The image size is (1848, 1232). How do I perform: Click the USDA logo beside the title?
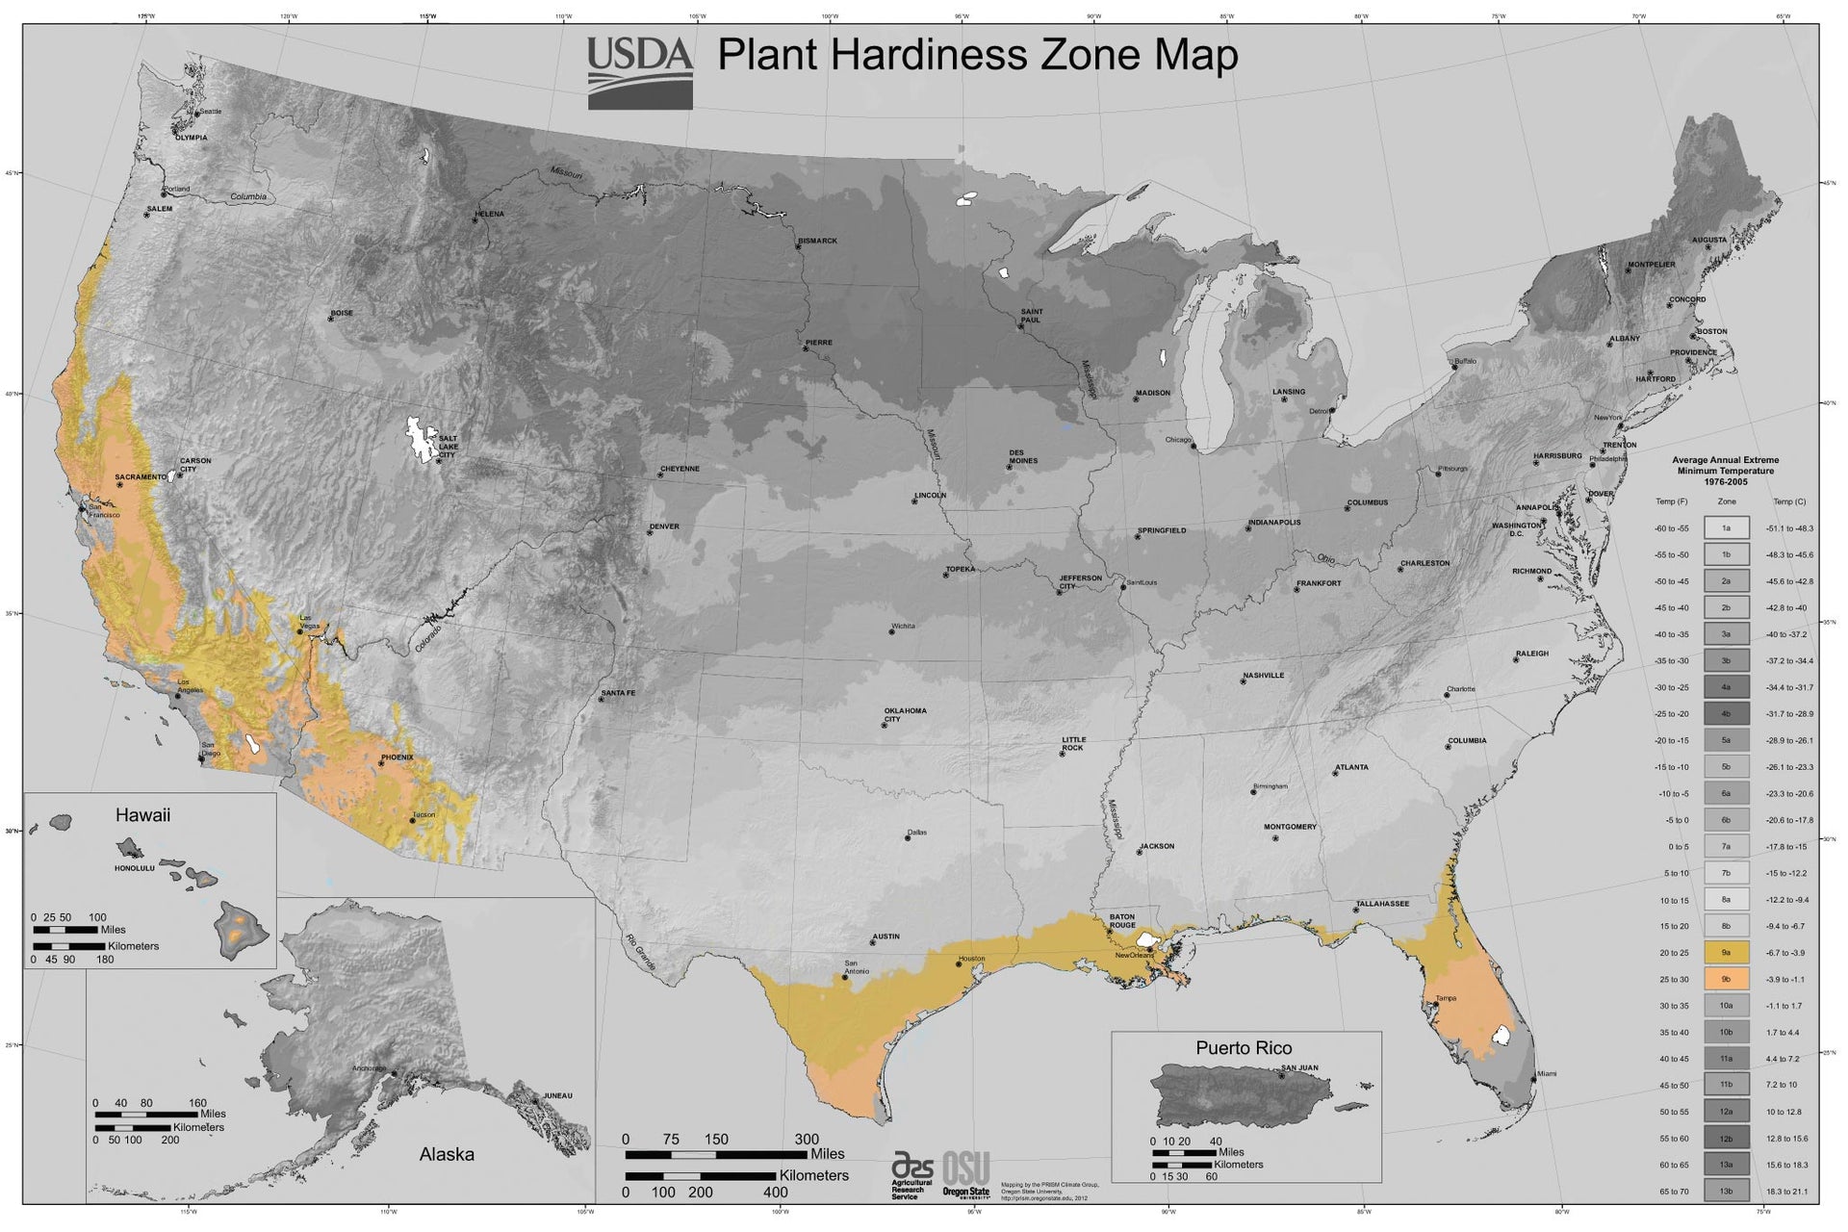point(640,71)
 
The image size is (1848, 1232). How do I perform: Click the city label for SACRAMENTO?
point(141,476)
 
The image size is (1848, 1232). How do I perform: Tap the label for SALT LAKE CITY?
point(449,447)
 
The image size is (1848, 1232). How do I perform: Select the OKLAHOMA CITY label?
point(905,715)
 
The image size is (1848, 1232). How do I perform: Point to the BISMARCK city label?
point(818,241)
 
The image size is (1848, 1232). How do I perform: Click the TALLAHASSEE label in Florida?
point(1382,904)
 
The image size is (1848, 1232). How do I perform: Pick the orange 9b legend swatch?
point(1726,979)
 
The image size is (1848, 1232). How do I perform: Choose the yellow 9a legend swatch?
point(1726,953)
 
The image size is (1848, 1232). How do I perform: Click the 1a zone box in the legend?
point(1726,527)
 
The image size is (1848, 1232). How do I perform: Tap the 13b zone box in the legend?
point(1726,1192)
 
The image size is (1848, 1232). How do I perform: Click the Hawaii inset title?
point(142,815)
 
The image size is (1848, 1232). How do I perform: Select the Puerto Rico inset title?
point(1244,1048)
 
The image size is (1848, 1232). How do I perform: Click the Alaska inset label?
point(447,1154)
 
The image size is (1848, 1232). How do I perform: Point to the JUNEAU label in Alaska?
point(557,1095)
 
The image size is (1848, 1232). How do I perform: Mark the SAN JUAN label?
point(1299,1067)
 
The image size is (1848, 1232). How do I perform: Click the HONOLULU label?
point(135,868)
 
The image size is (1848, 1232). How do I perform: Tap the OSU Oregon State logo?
point(965,1174)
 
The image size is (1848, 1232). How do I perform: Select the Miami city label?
point(1546,1073)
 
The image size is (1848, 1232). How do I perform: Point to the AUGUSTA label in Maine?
point(1709,240)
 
